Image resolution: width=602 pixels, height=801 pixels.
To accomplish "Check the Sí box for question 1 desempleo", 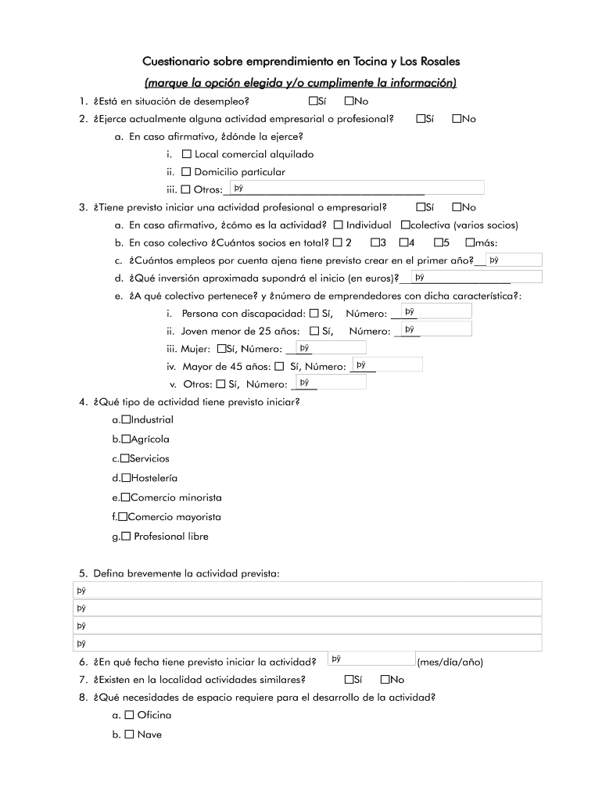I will (x=314, y=101).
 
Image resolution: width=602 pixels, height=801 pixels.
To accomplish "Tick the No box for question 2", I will (x=457, y=119).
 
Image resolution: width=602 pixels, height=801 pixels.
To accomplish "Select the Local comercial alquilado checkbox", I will (x=187, y=154).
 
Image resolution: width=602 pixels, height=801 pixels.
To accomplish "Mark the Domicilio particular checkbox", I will (x=187, y=171).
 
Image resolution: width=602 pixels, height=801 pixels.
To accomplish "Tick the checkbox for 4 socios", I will (x=404, y=242).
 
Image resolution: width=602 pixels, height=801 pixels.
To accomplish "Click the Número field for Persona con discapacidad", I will (x=435, y=312).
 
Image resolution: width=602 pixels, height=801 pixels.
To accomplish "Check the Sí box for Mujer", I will (x=221, y=348).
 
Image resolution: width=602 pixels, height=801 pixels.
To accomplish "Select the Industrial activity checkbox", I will (x=126, y=419).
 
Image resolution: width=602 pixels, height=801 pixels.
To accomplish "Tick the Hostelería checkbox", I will (x=126, y=478).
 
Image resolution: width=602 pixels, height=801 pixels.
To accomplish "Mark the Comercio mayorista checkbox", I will (x=123, y=517).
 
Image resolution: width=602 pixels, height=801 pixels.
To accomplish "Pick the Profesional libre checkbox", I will (x=125, y=537).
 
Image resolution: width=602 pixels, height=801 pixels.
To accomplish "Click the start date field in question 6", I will (x=371, y=659).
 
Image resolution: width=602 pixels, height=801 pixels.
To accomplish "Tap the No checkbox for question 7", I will (x=385, y=680).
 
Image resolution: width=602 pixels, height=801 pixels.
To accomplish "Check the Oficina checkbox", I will (x=130, y=715).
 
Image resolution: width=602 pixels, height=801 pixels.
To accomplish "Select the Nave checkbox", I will (x=130, y=735).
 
